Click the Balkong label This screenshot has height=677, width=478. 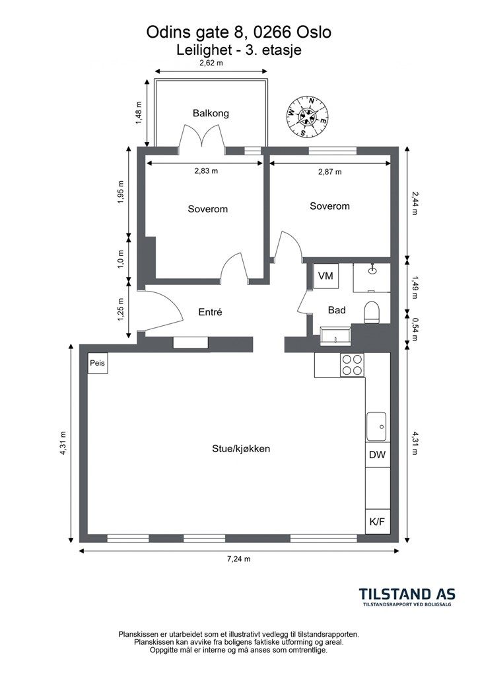coord(211,114)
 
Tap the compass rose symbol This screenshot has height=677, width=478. coord(308,116)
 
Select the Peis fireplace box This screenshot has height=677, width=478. coord(98,364)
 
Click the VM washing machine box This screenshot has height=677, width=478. coord(325,276)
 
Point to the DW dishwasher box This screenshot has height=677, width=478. coord(378,455)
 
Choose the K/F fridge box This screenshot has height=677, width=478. coord(378,522)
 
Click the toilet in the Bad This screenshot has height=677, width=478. coord(372,312)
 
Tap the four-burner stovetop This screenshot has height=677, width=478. coord(352,365)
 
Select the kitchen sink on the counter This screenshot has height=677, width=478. coord(377,426)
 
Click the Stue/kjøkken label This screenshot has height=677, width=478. coord(241,449)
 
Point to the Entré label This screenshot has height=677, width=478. coord(210,312)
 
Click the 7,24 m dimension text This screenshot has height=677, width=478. coord(239,559)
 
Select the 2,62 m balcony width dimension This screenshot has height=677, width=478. coord(211,63)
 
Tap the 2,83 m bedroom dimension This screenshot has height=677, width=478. coord(206,171)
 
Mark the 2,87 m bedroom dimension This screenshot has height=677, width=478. coord(329,172)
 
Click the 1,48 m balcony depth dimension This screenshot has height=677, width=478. coord(139,113)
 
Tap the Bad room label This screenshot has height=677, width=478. coord(337,310)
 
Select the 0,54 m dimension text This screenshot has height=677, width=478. coord(415,329)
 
